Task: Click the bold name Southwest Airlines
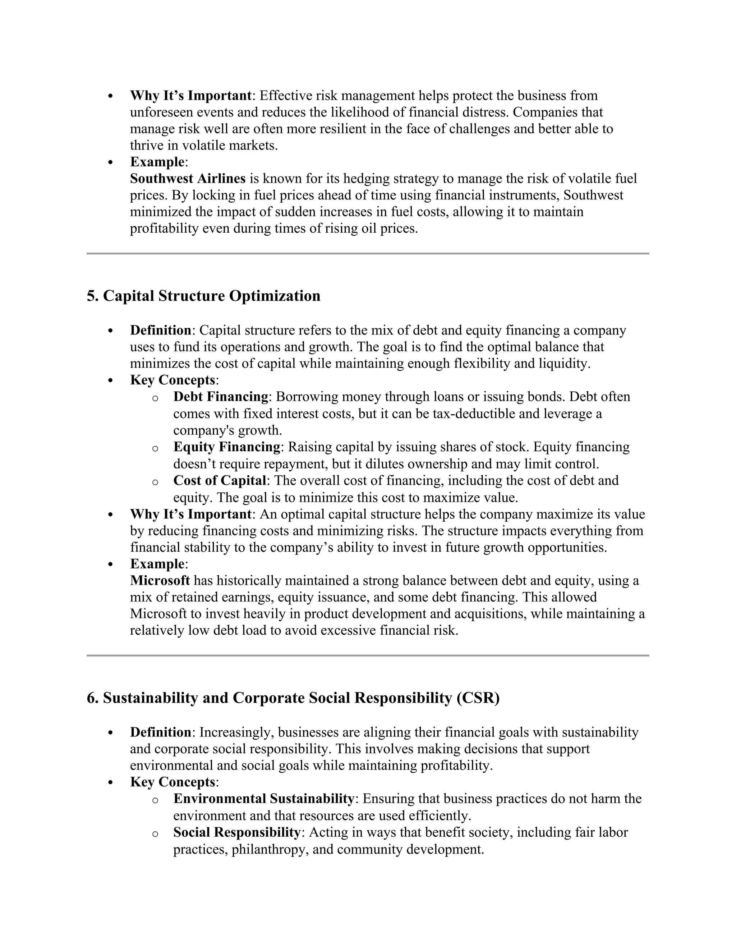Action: (x=188, y=179)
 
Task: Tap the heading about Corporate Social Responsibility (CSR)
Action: (x=293, y=698)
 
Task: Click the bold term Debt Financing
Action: (x=221, y=397)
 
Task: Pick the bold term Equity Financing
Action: (x=227, y=447)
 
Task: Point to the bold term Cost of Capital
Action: (x=220, y=480)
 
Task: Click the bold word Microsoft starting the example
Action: (x=160, y=581)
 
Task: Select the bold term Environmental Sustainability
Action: (x=263, y=799)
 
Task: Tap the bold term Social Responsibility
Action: (x=237, y=832)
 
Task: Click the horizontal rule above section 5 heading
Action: (x=368, y=253)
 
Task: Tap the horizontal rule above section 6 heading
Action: (x=368, y=655)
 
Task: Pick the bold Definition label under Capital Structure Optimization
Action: (x=160, y=331)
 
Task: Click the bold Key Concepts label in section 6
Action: (x=172, y=782)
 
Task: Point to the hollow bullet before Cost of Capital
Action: (x=155, y=482)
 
